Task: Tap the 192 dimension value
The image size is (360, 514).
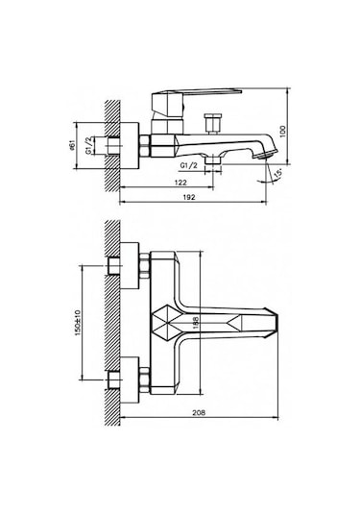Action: pyautogui.click(x=189, y=197)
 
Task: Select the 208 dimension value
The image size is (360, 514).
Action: pyautogui.click(x=199, y=413)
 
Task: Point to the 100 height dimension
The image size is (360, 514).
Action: pyautogui.click(x=283, y=131)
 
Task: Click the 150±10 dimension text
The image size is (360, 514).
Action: pyautogui.click(x=78, y=323)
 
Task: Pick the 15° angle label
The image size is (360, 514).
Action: pyautogui.click(x=277, y=174)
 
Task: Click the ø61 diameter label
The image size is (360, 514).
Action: pyautogui.click(x=72, y=145)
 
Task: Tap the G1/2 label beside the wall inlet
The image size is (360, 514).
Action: pyautogui.click(x=88, y=145)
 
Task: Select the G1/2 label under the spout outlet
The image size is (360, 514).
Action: pyautogui.click(x=189, y=165)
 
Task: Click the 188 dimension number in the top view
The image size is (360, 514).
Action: pyautogui.click(x=196, y=323)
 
